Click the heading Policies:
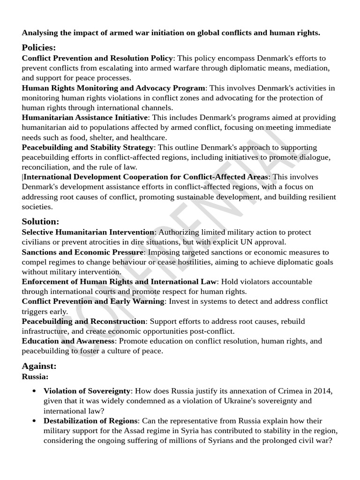tap(39, 47)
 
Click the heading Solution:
tap(40, 221)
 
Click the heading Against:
tap(39, 366)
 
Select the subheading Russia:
tap(35, 376)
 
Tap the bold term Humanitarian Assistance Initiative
tap(85, 117)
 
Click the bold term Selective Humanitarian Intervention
tap(88, 232)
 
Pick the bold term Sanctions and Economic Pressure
tap(82, 252)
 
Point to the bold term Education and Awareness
tap(68, 341)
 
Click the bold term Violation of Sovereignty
tap(87, 391)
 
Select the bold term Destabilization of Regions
tap(91, 420)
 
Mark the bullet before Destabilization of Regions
tap(34, 421)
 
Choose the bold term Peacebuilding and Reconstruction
tap(83, 321)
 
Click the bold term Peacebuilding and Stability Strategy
tap(88, 147)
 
